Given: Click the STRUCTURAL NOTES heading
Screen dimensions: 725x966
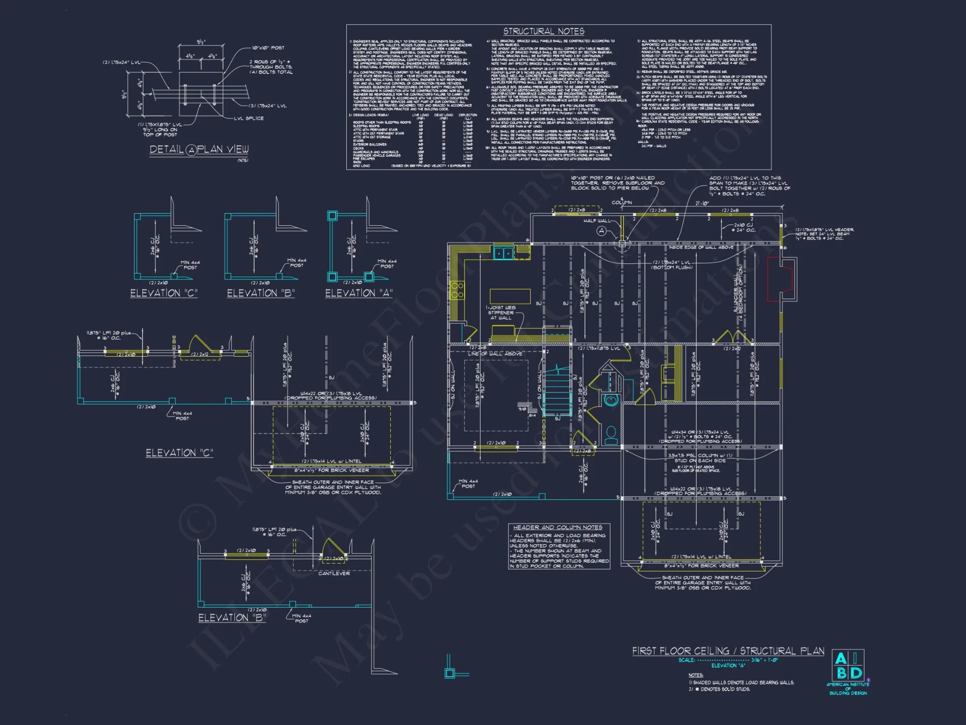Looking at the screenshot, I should [x=543, y=31].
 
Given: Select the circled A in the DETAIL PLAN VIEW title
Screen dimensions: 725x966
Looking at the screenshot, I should [x=192, y=150].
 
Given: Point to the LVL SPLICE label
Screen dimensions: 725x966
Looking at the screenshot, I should [x=249, y=118].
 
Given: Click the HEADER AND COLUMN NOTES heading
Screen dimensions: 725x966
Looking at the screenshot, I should [x=557, y=527].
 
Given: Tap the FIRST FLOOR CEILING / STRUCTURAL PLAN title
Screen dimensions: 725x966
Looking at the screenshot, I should [x=728, y=651].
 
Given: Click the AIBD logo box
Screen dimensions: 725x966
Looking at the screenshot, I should [x=848, y=666].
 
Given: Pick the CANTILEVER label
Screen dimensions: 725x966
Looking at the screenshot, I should [x=334, y=574].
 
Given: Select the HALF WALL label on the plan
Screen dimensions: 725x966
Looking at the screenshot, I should [x=596, y=221].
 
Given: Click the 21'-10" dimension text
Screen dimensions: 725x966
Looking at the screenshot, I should [x=702, y=203].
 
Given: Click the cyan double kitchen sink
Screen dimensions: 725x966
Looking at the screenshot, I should [x=503, y=253].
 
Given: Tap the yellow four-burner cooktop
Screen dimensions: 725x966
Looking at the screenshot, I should [x=457, y=290].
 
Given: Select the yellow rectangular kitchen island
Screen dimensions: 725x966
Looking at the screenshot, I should [x=510, y=296].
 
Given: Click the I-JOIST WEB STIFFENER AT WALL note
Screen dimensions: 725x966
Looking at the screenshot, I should [x=501, y=313].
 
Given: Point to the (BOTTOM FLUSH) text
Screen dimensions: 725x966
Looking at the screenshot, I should [x=672, y=267].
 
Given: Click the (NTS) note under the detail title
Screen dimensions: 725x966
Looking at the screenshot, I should [x=242, y=160].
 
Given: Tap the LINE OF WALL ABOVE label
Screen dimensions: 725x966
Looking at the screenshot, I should [x=495, y=354].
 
